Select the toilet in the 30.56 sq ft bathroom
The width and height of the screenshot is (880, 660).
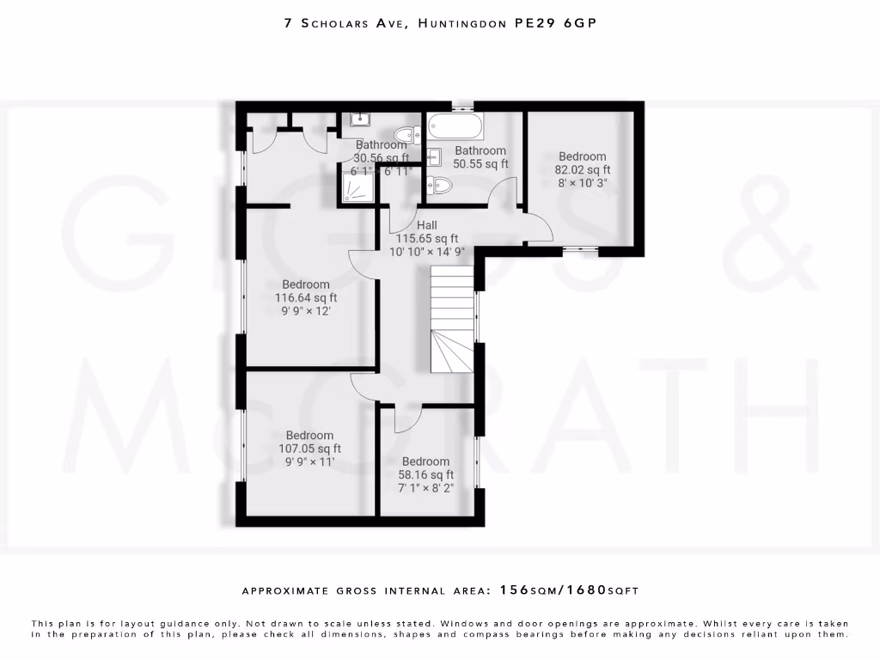pyautogui.click(x=406, y=135)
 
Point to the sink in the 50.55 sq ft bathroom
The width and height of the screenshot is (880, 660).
pyautogui.click(x=434, y=156)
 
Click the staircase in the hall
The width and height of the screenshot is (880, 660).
pyautogui.click(x=451, y=318)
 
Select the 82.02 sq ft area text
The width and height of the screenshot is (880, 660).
pyautogui.click(x=582, y=170)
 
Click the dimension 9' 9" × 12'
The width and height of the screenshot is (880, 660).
pyautogui.click(x=305, y=312)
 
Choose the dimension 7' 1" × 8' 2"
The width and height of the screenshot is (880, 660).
pyautogui.click(x=425, y=488)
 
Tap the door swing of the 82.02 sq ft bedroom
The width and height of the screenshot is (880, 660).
pyautogui.click(x=540, y=225)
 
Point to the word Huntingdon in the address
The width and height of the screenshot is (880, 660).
pyautogui.click(x=461, y=24)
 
